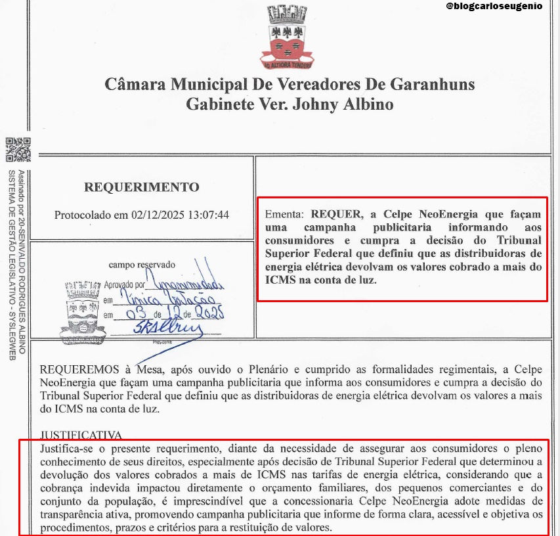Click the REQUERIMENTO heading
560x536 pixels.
141,187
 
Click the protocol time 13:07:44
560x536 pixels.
209,215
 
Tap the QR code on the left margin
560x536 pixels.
18,150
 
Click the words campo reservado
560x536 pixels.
142,265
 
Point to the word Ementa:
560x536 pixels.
285,214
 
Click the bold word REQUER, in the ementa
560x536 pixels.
336,214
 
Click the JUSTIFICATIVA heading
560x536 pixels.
81,435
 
